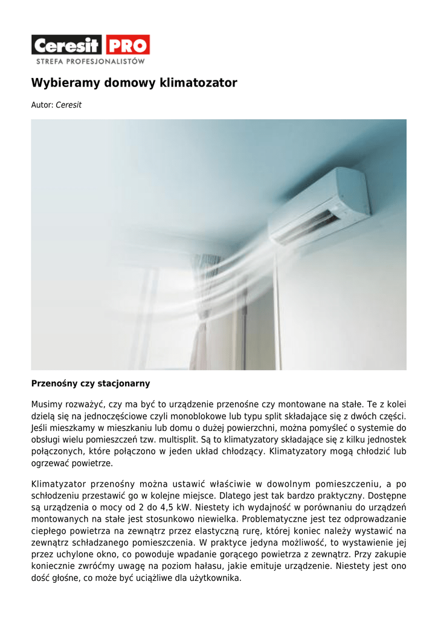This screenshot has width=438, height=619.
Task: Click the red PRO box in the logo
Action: [127, 45]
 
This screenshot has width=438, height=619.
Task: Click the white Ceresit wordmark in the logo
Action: [67, 45]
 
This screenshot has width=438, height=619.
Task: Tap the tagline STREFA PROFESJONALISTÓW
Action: [90, 61]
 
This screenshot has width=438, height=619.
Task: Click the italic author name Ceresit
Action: [68, 105]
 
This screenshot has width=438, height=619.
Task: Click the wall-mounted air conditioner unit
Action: [320, 205]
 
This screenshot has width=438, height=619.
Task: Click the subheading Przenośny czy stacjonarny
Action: [91, 384]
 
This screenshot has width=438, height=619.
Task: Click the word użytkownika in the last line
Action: [216, 578]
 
